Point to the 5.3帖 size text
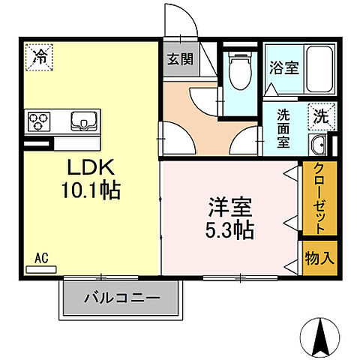click(226, 229)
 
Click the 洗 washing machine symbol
click(320, 116)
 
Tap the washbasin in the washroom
click(318, 145)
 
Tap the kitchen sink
click(83, 119)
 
